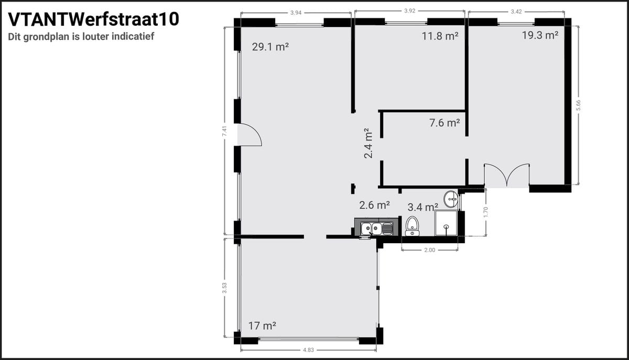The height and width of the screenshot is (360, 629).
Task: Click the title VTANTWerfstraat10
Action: pos(93,20)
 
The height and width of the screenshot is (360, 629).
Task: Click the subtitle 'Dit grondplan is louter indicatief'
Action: pos(81,37)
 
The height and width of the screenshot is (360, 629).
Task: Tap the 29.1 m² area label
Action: pos(270,47)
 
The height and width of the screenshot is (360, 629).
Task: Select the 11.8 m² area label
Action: pos(440,36)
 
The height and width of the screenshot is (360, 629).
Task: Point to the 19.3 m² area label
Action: pos(540,36)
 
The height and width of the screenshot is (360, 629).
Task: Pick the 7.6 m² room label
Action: pos(444,123)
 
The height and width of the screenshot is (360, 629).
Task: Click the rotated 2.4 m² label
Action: pos(368,143)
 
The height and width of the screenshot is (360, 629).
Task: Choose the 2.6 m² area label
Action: pos(374,205)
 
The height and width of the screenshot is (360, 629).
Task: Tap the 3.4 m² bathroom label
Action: pos(422,207)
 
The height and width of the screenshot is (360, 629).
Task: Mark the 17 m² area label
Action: pos(262,326)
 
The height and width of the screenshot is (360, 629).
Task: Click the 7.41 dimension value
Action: pos(224,131)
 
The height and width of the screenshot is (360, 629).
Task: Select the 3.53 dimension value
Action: pos(224,288)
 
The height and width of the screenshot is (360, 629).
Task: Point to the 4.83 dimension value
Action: pos(308,350)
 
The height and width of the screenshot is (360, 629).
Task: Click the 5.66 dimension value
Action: pos(578,105)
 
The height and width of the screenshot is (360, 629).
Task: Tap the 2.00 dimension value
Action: pos(430,250)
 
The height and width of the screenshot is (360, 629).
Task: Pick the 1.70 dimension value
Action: pos(486,212)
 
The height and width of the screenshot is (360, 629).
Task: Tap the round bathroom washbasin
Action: pos(451,199)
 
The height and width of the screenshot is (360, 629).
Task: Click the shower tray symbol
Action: pos(446,223)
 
